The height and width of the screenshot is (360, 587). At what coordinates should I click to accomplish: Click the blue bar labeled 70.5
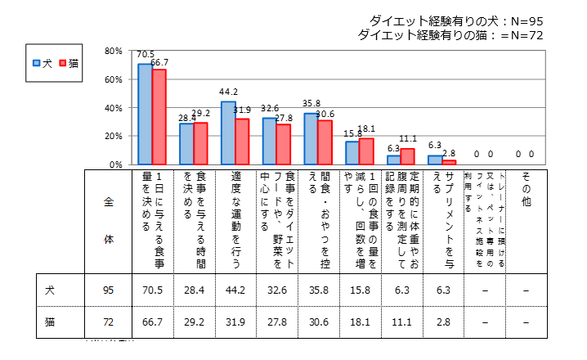coord(145,115)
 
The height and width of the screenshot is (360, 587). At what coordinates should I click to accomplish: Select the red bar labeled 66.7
coord(159,117)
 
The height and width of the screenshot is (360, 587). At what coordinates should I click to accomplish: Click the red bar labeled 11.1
coord(408,157)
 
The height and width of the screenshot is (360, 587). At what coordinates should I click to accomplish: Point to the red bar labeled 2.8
coord(449,163)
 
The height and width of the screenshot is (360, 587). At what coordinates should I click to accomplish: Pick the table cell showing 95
coord(109,289)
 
